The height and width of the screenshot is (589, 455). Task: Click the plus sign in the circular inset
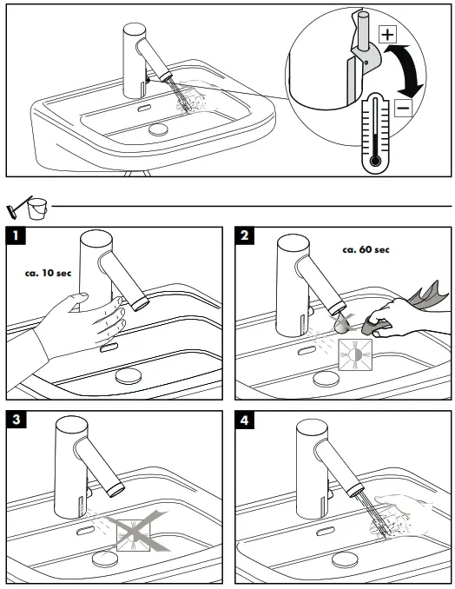pyautogui.click(x=387, y=36)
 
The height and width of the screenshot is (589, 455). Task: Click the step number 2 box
pyautogui.click(x=247, y=235)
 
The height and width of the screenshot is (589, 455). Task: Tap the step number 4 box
pyautogui.click(x=247, y=420)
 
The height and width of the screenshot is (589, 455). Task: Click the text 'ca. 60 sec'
pyautogui.click(x=366, y=249)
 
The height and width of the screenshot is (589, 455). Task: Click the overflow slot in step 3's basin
pyautogui.click(x=88, y=529)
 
